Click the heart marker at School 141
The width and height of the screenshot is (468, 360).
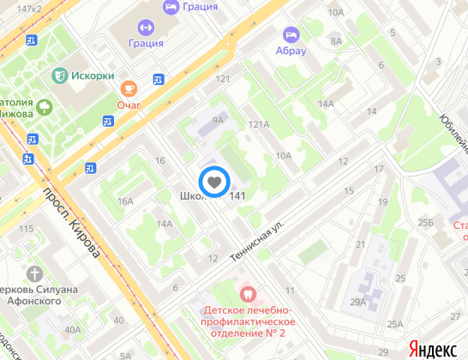click(x=214, y=182)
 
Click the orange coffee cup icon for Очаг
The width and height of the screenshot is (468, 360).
click(x=129, y=87)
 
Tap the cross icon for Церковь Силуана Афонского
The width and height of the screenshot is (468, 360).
click(x=34, y=273)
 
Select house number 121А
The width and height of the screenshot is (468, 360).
click(x=258, y=124)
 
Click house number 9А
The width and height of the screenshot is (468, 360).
click(x=218, y=121)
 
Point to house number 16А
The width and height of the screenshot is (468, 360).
click(x=126, y=201)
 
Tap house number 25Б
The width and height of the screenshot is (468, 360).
click(x=426, y=223)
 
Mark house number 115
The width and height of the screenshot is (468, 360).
click(x=25, y=229)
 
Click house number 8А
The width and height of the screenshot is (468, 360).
click(x=336, y=40)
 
